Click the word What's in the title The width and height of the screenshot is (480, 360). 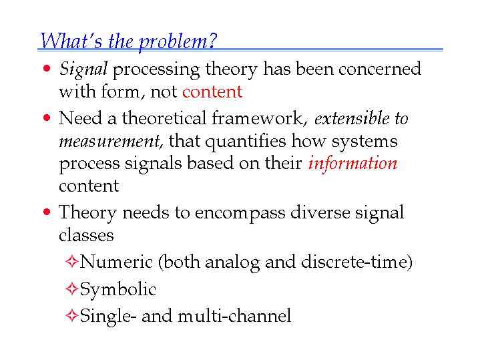(71, 41)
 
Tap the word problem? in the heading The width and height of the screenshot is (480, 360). (178, 42)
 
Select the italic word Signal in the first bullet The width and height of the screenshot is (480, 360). (83, 69)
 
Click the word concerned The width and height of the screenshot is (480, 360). (380, 69)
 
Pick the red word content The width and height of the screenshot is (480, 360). (212, 92)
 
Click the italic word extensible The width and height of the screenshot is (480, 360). (352, 118)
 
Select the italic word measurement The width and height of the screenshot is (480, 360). (110, 141)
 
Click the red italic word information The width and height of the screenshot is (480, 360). (352, 163)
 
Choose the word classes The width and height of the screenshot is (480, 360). (86, 235)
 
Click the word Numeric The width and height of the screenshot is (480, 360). (116, 262)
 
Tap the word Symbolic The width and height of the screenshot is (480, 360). (118, 289)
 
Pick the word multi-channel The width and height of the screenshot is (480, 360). (234, 315)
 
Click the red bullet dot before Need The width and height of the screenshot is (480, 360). (47, 118)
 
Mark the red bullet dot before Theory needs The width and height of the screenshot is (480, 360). (47, 212)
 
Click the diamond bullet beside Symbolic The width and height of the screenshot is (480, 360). (71, 289)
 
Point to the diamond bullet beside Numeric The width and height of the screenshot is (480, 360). (71, 262)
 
